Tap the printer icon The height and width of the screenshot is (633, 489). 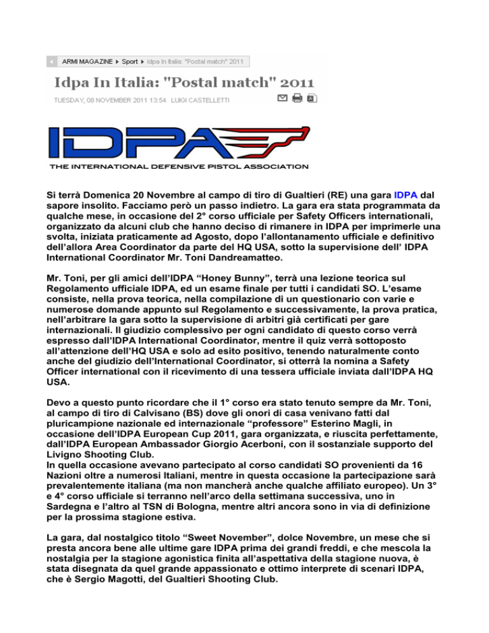tap(297, 98)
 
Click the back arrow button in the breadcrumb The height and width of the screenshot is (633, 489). tap(51, 61)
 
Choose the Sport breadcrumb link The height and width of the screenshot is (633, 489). tap(129, 61)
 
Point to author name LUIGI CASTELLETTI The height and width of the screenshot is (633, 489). tap(206, 100)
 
